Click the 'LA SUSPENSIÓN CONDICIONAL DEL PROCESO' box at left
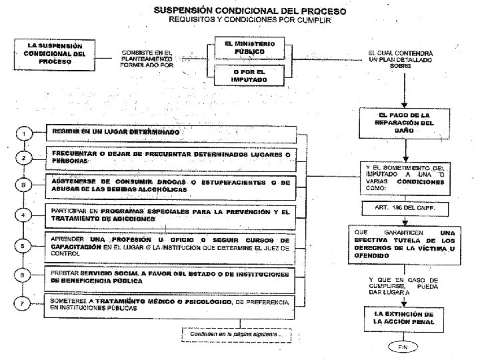point(55,53)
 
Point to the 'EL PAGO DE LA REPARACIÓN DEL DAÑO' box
point(405,123)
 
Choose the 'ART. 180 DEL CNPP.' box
point(405,208)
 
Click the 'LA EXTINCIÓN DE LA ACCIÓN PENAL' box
point(405,317)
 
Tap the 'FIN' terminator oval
point(402,348)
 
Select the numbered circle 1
point(23,134)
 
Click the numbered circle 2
point(23,158)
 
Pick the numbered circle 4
point(23,215)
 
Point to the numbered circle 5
point(23,246)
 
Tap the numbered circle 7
point(23,304)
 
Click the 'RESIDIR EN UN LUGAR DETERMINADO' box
point(171,133)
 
